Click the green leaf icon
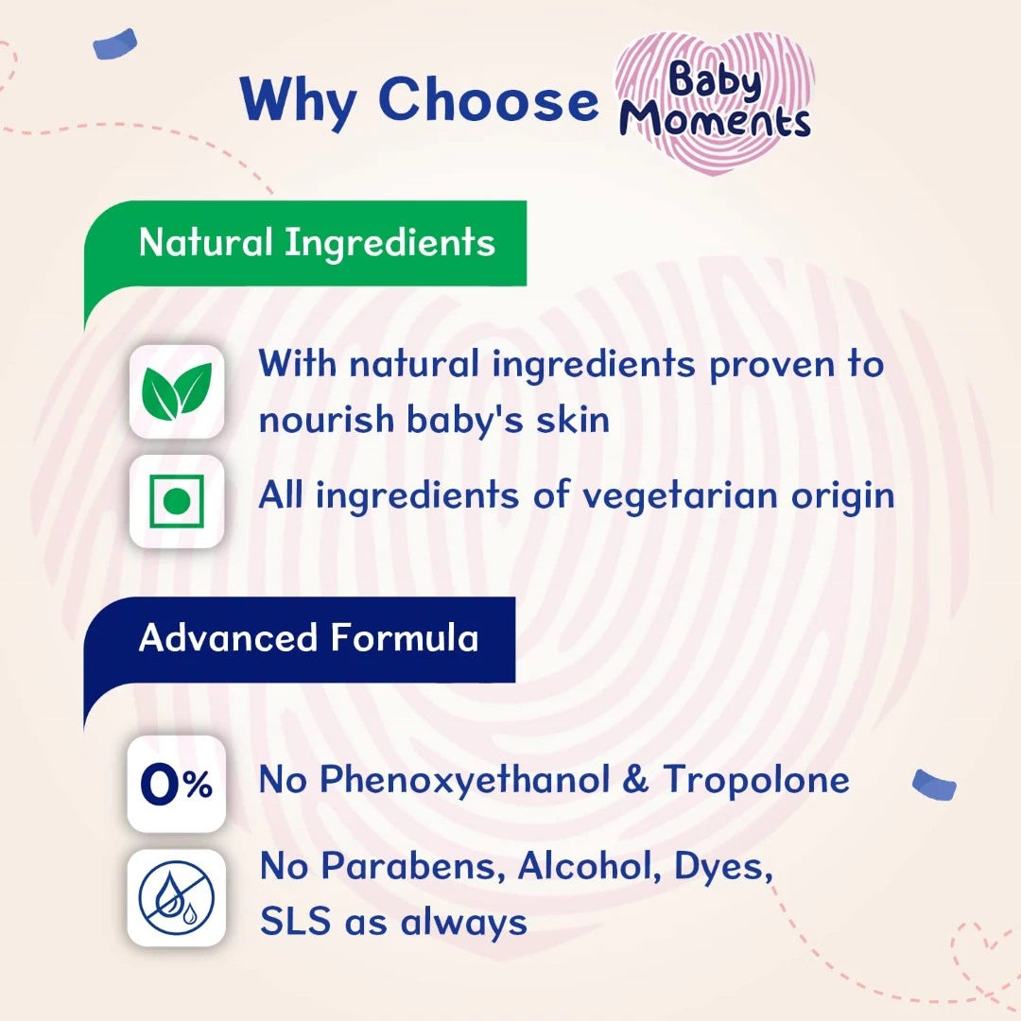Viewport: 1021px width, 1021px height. point(177,391)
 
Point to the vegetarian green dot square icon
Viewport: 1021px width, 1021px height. point(177,501)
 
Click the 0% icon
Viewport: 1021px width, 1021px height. point(177,786)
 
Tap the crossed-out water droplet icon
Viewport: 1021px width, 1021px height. point(177,896)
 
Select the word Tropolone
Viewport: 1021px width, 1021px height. point(755,780)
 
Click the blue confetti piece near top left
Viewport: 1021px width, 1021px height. point(114,44)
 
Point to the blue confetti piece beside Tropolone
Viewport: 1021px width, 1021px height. point(934,784)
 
